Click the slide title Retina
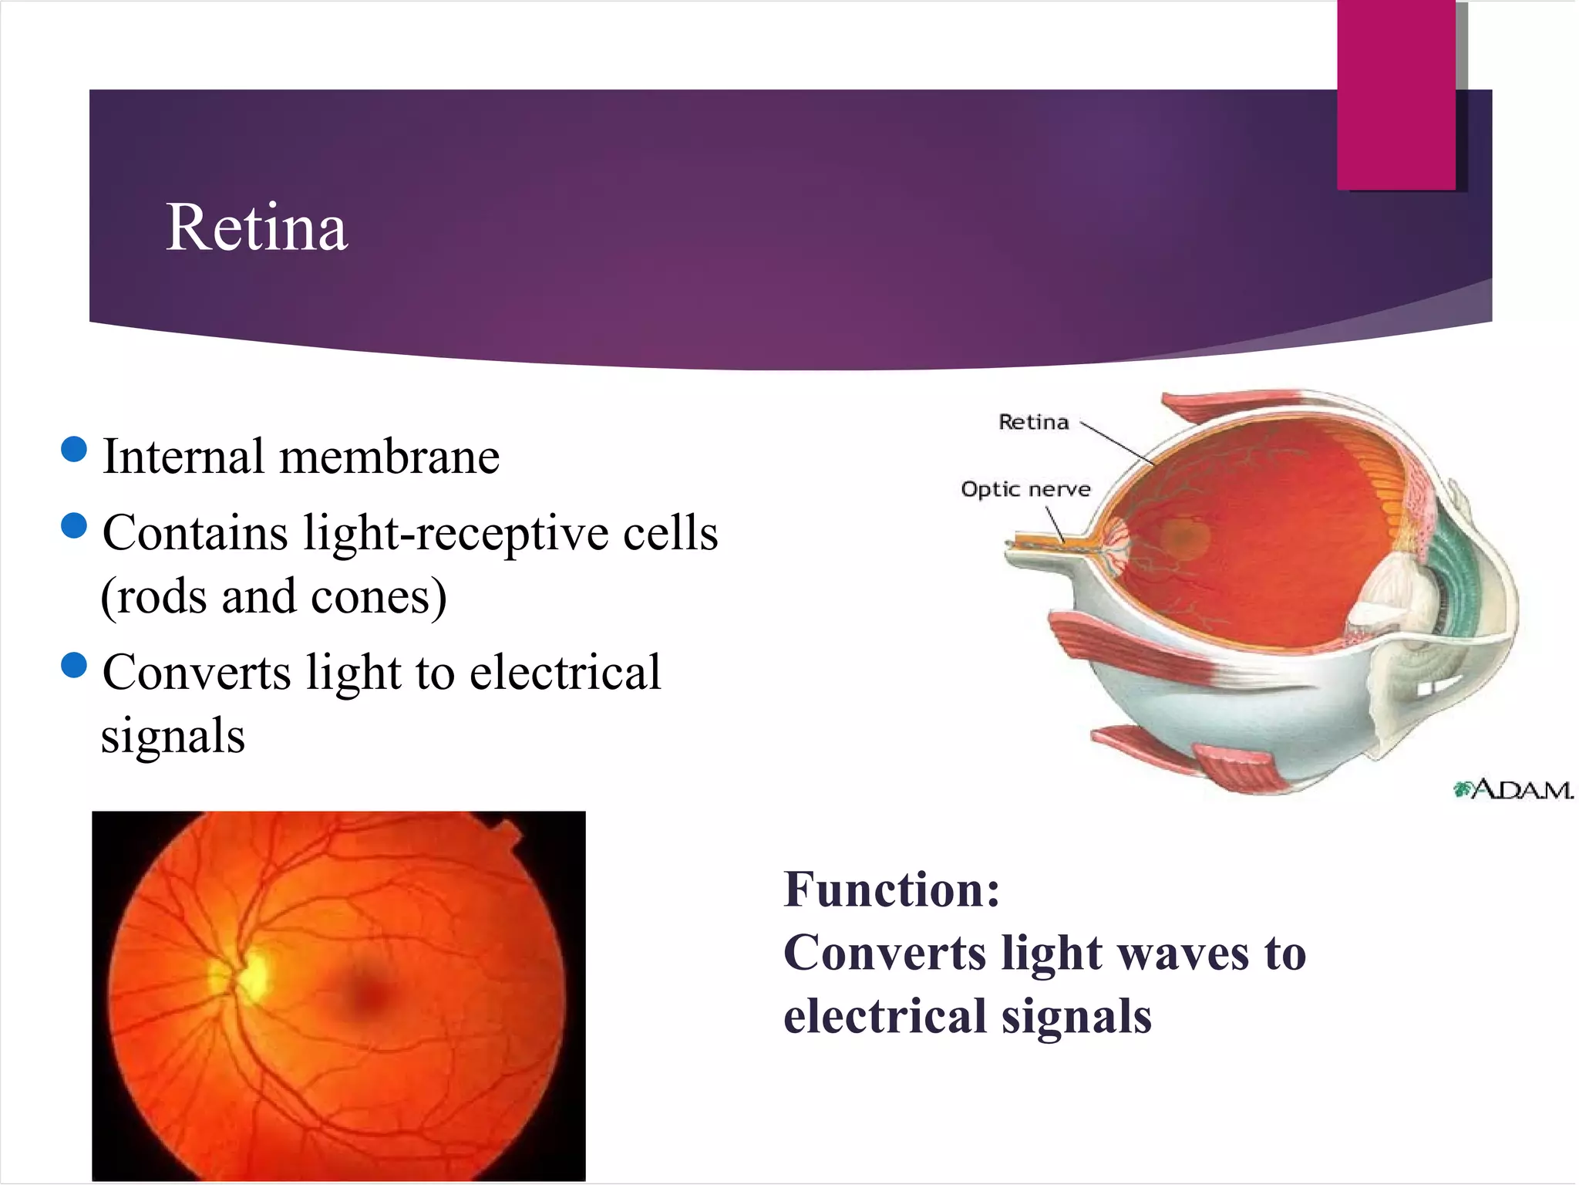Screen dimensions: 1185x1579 257,228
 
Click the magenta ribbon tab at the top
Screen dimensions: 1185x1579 1396,93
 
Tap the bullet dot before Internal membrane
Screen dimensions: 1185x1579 74,449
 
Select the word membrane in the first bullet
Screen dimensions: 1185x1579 389,457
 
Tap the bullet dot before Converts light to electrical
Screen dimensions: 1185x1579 74,664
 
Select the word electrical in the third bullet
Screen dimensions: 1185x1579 565,673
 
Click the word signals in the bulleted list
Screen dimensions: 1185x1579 173,736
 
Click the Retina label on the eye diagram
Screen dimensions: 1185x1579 1034,422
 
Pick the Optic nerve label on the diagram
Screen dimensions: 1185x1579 1025,489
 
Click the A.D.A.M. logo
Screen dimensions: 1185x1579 1513,790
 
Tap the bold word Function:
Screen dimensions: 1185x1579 892,890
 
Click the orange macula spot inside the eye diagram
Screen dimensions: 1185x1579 1183,538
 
